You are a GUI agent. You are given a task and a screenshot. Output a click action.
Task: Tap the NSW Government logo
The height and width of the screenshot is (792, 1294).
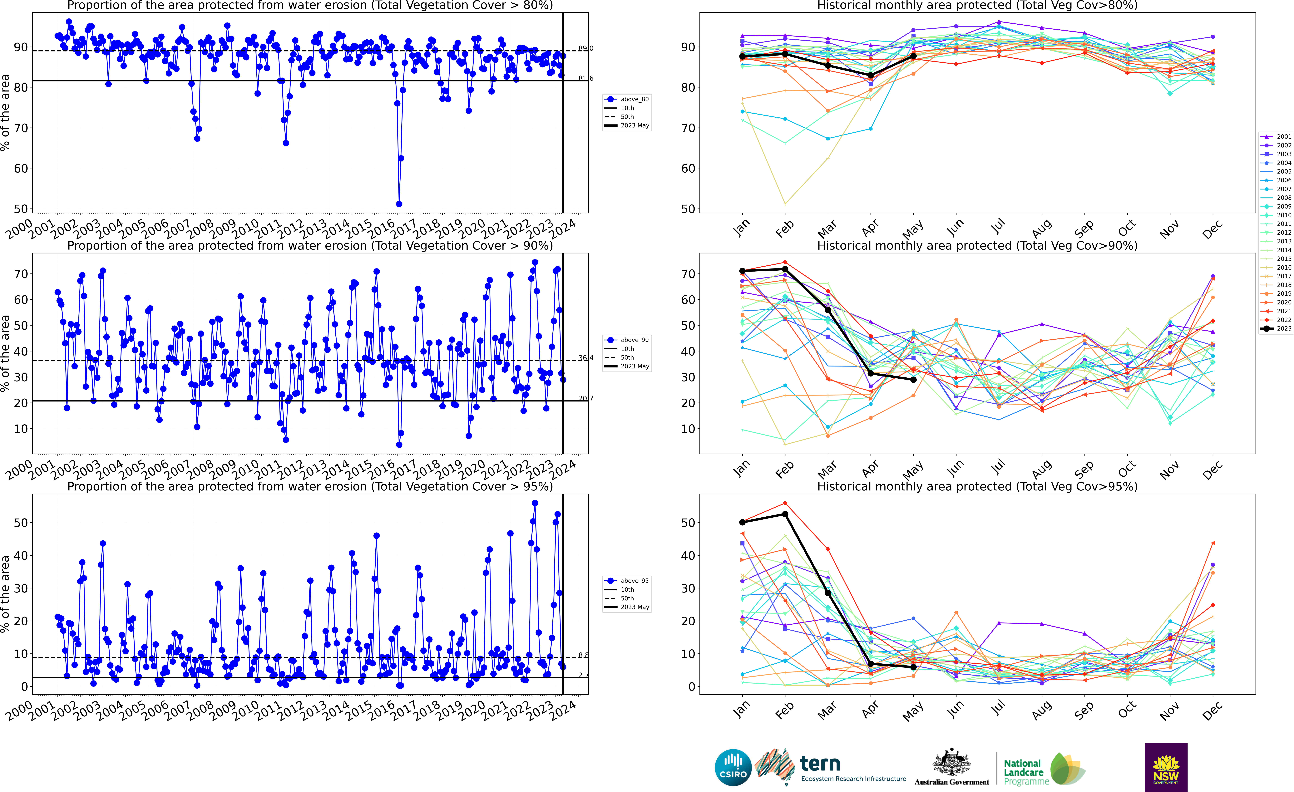click(x=1166, y=767)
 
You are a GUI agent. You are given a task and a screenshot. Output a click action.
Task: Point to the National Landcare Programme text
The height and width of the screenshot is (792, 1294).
click(x=1022, y=772)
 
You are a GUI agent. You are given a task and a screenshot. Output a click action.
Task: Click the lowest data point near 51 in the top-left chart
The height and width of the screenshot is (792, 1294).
click(x=399, y=204)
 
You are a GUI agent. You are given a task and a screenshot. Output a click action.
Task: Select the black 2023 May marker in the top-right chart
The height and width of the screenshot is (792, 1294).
click(x=913, y=56)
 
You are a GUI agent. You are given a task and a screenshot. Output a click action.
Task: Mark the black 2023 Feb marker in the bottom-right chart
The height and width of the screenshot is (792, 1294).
click(x=785, y=514)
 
